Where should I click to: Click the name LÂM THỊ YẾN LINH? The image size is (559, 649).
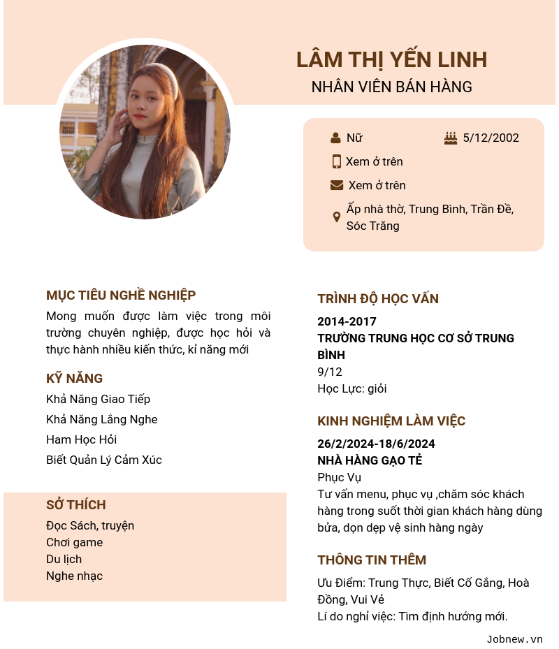tap(391, 60)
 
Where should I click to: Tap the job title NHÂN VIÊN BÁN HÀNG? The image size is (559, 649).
tap(391, 87)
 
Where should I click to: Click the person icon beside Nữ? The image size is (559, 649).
tap(335, 138)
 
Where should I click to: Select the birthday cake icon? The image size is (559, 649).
tap(451, 138)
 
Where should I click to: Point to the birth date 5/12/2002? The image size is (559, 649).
tap(491, 138)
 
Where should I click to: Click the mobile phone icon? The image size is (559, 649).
tap(336, 161)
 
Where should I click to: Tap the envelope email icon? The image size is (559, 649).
tap(337, 185)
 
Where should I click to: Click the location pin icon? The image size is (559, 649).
tap(336, 217)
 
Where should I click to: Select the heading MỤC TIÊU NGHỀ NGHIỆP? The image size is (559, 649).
tap(121, 296)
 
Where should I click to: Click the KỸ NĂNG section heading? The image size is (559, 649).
tap(75, 379)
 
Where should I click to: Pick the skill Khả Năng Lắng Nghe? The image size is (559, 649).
tap(102, 419)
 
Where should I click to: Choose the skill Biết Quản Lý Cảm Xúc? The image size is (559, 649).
tap(104, 460)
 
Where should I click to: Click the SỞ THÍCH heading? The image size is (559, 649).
tap(76, 505)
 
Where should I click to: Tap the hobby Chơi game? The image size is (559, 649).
tap(75, 542)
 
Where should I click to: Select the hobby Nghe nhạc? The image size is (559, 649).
tap(75, 576)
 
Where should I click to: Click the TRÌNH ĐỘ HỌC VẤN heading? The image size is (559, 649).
tap(378, 299)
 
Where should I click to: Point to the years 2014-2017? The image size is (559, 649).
tap(347, 321)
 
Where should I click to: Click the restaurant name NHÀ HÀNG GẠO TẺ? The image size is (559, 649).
tap(370, 460)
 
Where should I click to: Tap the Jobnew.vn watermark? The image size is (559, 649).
tap(514, 639)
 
